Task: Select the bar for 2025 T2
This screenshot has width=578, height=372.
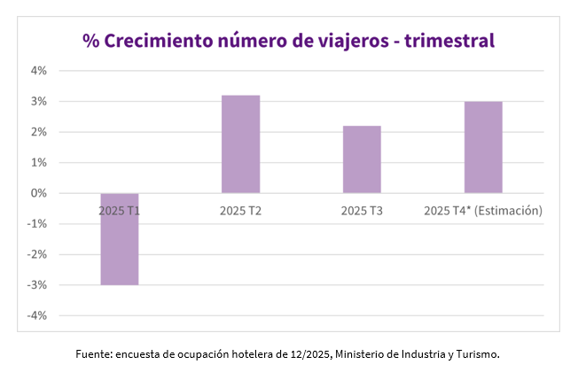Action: pos(240,143)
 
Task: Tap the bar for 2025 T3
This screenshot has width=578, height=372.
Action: pos(362,159)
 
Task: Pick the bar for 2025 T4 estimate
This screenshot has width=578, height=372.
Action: pos(483,147)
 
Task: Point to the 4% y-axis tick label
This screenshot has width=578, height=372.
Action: pos(39,71)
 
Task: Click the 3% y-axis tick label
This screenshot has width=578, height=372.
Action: pos(39,101)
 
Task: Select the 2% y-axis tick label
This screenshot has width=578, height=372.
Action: pos(39,132)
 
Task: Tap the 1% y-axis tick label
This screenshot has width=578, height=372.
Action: pos(39,162)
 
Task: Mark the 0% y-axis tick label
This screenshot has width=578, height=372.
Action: pos(39,193)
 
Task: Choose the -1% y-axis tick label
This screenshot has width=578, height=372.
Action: pos(37,223)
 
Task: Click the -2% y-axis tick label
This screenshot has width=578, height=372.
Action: pos(37,254)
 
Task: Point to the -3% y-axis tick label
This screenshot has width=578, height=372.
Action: pos(37,284)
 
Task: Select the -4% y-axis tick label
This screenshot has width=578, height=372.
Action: pos(37,315)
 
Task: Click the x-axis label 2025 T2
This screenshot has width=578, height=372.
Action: pos(240,211)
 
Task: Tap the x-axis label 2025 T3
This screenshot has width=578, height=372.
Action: pos(362,211)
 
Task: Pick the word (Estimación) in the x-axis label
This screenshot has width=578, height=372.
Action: pos(509,211)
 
